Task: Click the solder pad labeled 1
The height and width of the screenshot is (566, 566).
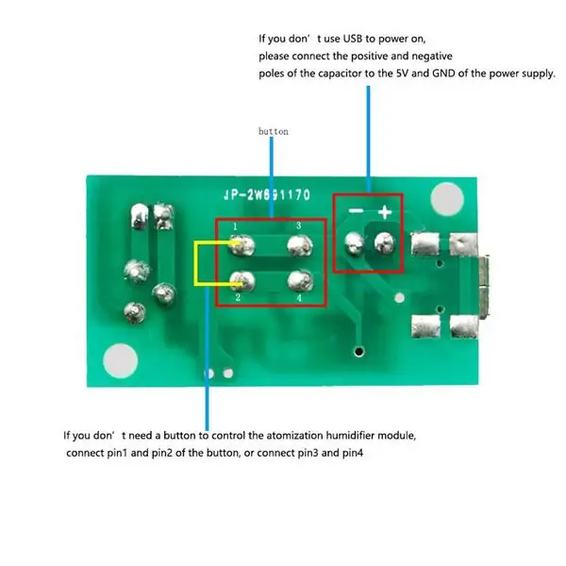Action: coord(242,245)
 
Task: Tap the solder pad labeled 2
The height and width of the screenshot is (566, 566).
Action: coord(242,281)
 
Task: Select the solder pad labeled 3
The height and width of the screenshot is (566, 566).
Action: coord(300,245)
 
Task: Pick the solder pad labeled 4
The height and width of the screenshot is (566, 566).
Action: coord(300,281)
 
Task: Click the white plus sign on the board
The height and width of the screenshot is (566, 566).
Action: coord(385,212)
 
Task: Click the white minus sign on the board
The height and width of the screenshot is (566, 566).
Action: coord(356,210)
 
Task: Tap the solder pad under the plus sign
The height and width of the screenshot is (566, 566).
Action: coord(385,241)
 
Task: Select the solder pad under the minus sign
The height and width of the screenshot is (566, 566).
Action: coord(355,242)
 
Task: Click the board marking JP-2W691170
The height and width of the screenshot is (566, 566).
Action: coord(267,195)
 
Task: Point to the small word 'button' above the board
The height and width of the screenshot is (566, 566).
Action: coord(274,131)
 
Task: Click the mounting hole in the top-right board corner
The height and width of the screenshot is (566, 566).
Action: coord(447,199)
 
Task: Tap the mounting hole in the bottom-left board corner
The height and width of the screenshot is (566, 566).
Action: coord(120,360)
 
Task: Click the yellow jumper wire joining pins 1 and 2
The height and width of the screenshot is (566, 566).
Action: coord(196,263)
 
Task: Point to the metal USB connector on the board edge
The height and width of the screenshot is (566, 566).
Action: coord(483,286)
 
